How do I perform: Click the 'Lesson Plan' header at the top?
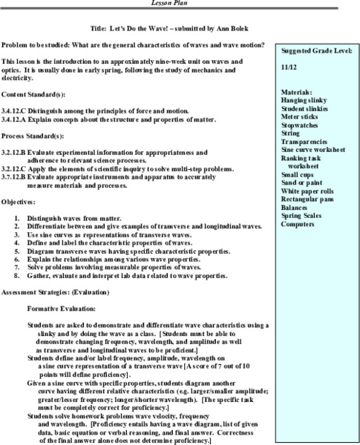click(180, 2)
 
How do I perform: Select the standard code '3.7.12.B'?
click(17, 178)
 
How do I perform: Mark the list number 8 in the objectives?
click(17, 275)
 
